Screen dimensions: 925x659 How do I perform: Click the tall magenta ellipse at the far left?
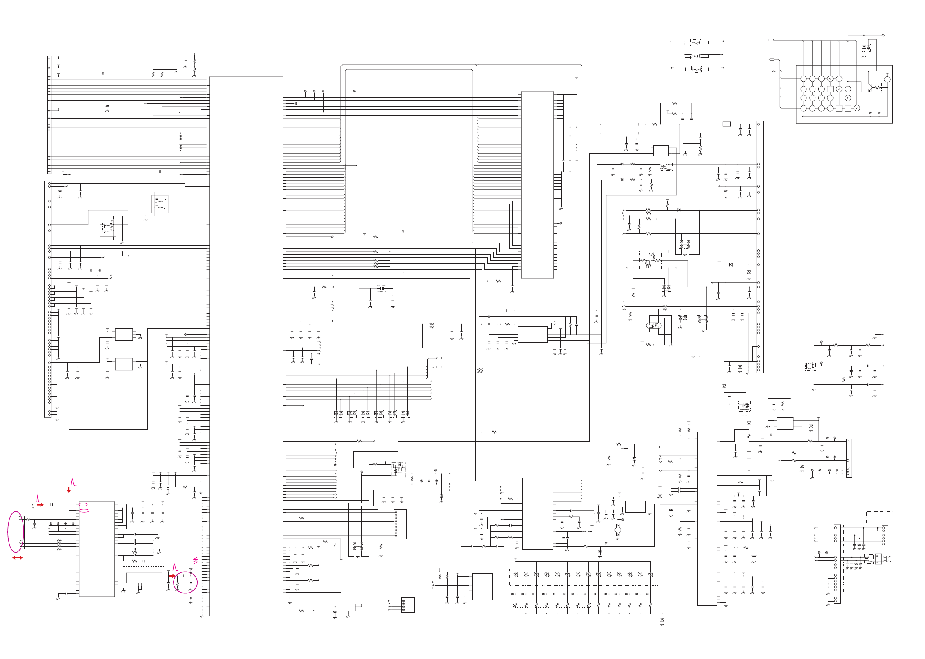pyautogui.click(x=16, y=531)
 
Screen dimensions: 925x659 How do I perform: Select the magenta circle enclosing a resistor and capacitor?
pyautogui.click(x=185, y=582)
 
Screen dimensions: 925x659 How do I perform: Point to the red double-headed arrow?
pyautogui.click(x=17, y=558)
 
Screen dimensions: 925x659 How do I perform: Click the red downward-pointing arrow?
pyautogui.click(x=69, y=490)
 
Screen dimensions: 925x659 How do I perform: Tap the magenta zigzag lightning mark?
pyautogui.click(x=195, y=561)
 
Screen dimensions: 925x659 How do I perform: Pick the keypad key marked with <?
pyautogui.click(x=830, y=79)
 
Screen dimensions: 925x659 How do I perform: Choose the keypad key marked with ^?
pyautogui.click(x=839, y=89)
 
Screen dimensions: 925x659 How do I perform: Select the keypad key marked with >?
pyautogui.click(x=848, y=98)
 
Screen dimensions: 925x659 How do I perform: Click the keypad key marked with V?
pyautogui.click(x=856, y=108)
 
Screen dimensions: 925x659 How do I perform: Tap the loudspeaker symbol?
pyautogui.click(x=886, y=558)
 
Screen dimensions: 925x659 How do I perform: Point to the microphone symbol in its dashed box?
pyautogui.click(x=810, y=366)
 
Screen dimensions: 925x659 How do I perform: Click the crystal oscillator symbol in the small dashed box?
pyautogui.click(x=381, y=288)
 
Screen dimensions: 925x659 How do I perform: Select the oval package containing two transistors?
pyautogui.click(x=654, y=325)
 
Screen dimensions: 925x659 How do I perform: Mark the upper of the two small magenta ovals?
pyautogui.click(x=83, y=504)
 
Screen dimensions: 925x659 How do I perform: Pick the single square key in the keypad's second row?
pyautogui.click(x=830, y=89)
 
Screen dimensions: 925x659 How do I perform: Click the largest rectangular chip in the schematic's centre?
pyautogui.click(x=246, y=346)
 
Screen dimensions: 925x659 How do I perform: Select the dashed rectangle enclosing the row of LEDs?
pyautogui.click(x=583, y=575)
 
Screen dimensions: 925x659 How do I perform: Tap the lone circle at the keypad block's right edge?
pyautogui.click(x=887, y=80)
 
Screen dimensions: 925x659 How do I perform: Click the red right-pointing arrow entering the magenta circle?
pyautogui.click(x=172, y=576)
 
